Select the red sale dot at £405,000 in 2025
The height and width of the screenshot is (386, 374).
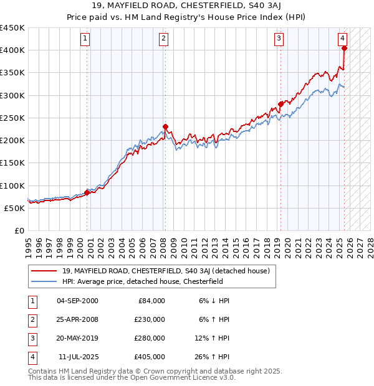click(345, 48)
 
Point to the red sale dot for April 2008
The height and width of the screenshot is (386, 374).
click(165, 127)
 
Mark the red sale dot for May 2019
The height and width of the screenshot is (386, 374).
click(280, 104)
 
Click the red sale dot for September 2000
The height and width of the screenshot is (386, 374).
click(87, 192)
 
